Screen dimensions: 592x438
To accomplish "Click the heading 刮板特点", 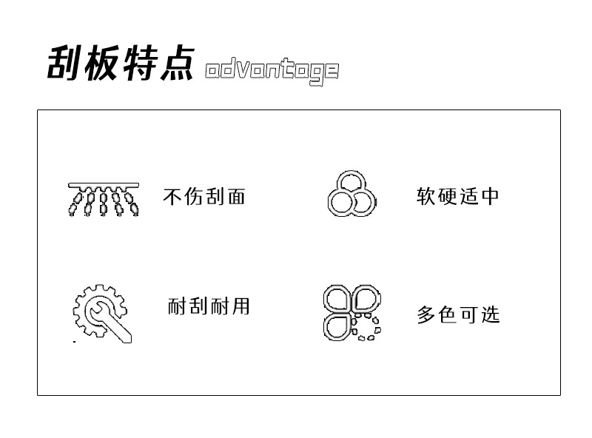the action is [121, 63].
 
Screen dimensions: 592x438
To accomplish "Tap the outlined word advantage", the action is [272, 71].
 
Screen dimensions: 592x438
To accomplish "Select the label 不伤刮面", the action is [203, 197].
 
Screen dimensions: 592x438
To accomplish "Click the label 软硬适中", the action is [458, 197].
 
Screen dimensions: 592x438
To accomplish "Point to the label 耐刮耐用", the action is [209, 306].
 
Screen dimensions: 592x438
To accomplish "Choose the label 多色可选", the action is [458, 314].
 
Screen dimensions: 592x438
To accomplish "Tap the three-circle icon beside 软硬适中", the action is [351, 195].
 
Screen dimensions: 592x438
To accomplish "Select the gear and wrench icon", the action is [102, 313].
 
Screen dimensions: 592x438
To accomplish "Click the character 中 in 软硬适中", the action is [490, 197].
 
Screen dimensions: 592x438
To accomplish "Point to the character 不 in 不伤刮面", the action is [172, 197].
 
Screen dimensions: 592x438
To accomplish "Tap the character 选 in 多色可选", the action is [490, 314].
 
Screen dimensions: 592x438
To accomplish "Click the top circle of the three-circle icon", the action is [351, 183].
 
